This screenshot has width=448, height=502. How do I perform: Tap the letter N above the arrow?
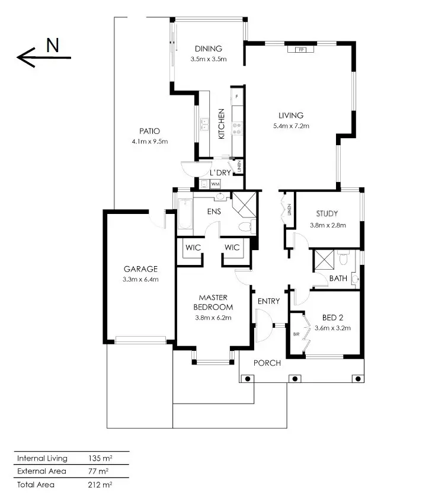(52, 46)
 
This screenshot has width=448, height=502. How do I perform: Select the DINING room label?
(208, 49)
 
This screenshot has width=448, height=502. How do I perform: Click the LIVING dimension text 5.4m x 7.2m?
(290, 126)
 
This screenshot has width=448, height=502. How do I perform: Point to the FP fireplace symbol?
(301, 49)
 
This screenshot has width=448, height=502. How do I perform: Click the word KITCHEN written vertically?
(222, 123)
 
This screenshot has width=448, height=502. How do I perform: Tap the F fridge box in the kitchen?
(236, 96)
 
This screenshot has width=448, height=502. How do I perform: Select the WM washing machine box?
(215, 184)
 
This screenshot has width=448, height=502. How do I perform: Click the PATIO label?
(150, 131)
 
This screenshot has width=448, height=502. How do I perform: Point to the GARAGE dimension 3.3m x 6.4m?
(140, 279)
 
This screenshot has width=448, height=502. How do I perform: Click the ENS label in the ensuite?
(214, 211)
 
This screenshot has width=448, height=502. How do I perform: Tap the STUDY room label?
(327, 214)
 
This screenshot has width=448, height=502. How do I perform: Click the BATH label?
(338, 277)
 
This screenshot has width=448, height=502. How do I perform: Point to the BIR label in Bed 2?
(296, 334)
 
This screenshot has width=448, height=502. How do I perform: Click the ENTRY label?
(268, 301)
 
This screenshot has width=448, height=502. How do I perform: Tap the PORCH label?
(267, 363)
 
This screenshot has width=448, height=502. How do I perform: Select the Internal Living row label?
(42, 458)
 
